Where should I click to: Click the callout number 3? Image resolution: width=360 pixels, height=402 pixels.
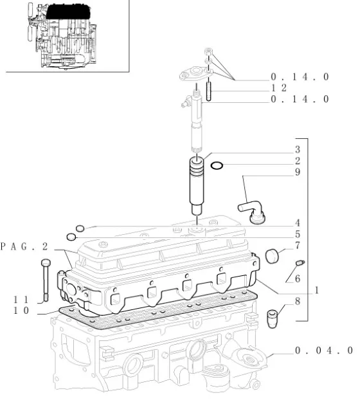coord(297,149)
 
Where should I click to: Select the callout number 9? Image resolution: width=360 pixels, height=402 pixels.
coord(297,172)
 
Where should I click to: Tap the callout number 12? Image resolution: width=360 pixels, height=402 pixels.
coord(279,88)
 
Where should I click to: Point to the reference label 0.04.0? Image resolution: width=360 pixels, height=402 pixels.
coord(324,350)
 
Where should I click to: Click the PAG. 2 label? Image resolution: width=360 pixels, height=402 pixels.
coord(24,246)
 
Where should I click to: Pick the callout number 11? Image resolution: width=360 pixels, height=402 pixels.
coord(21,300)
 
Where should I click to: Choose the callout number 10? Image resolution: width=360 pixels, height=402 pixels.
coord(21,311)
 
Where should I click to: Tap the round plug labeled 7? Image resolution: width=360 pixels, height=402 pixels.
coord(272,256)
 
